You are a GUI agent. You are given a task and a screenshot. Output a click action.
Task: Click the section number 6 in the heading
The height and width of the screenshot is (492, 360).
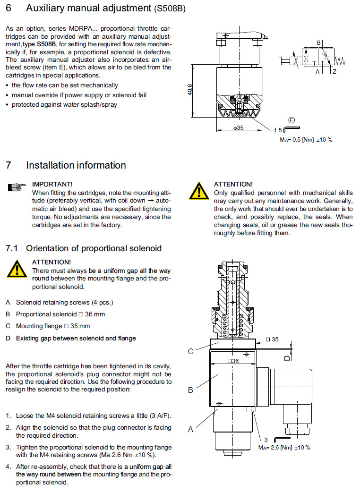pos(9,8)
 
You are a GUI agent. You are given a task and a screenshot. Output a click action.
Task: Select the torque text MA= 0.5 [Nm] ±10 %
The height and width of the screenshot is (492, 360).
pos(306,140)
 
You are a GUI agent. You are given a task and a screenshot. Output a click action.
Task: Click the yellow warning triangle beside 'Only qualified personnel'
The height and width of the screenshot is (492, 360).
pos(199,191)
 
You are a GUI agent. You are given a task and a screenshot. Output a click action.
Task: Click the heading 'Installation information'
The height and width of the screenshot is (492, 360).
pos(76,165)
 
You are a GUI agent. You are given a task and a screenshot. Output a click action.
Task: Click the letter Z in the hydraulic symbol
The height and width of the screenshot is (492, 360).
pos(334,71)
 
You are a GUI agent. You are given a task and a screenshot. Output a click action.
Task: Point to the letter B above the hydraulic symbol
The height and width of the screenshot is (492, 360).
pos(318,43)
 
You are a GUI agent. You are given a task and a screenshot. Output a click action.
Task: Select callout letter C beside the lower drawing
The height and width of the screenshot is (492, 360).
pos(191,351)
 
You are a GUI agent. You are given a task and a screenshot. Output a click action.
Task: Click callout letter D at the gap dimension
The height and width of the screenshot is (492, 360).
pos(286,358)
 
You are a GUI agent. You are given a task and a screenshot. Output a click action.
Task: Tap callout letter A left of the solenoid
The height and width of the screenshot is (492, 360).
pos(191,429)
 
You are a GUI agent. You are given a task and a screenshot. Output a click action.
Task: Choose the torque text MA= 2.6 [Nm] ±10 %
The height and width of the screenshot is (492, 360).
pos(284,447)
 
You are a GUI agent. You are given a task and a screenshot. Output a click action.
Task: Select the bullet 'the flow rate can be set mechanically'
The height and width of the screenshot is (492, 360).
pos(65,85)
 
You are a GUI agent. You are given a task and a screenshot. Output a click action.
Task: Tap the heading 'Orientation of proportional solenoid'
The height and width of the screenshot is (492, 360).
pos(94,248)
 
